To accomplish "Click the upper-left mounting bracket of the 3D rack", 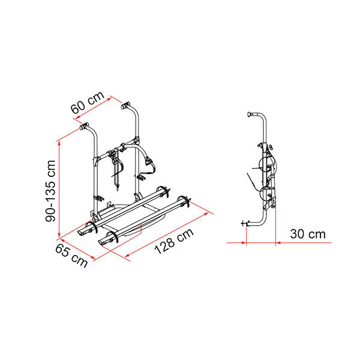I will [85, 127].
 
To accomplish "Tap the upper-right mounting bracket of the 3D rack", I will [127, 108].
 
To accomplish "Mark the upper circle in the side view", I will [268, 167].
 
